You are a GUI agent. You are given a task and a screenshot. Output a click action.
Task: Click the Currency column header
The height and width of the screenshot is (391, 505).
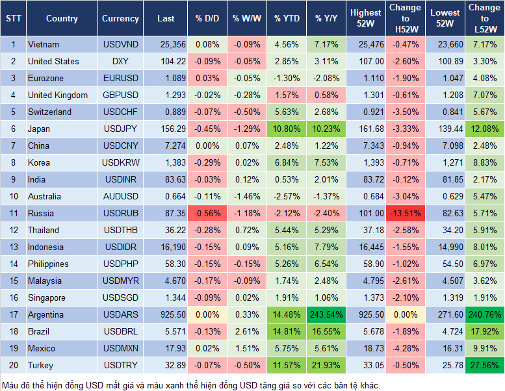click(120, 19)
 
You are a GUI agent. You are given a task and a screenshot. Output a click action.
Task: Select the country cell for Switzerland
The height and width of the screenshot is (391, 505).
click(49, 112)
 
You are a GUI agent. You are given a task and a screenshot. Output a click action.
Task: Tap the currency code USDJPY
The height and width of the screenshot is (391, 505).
click(120, 129)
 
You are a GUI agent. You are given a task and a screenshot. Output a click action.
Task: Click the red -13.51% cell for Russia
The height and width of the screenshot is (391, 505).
click(405, 213)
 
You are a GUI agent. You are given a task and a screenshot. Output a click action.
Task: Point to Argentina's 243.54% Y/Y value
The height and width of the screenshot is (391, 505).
click(327, 314)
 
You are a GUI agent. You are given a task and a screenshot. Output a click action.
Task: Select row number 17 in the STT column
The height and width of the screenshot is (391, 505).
click(12, 314)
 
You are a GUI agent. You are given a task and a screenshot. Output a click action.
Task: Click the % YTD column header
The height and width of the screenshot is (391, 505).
click(287, 19)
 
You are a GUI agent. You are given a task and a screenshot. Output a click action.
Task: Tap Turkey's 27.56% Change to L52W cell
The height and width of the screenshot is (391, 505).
click(484, 365)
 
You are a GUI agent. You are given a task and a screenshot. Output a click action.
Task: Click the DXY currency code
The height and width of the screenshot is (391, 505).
click(120, 61)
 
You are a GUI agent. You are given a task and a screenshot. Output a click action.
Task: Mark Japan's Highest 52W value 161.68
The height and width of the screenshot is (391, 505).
click(366, 129)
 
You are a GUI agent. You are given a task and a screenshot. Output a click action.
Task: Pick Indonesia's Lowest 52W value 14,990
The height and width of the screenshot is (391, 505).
click(446, 247)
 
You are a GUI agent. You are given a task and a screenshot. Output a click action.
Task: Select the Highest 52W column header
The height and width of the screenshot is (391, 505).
click(365, 19)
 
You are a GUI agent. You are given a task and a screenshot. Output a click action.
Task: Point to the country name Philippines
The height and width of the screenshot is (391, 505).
click(49, 264)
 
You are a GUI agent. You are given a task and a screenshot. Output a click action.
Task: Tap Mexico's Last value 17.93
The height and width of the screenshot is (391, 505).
click(172, 348)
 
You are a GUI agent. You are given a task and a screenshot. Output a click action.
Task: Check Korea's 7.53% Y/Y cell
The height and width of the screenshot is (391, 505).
click(327, 162)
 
